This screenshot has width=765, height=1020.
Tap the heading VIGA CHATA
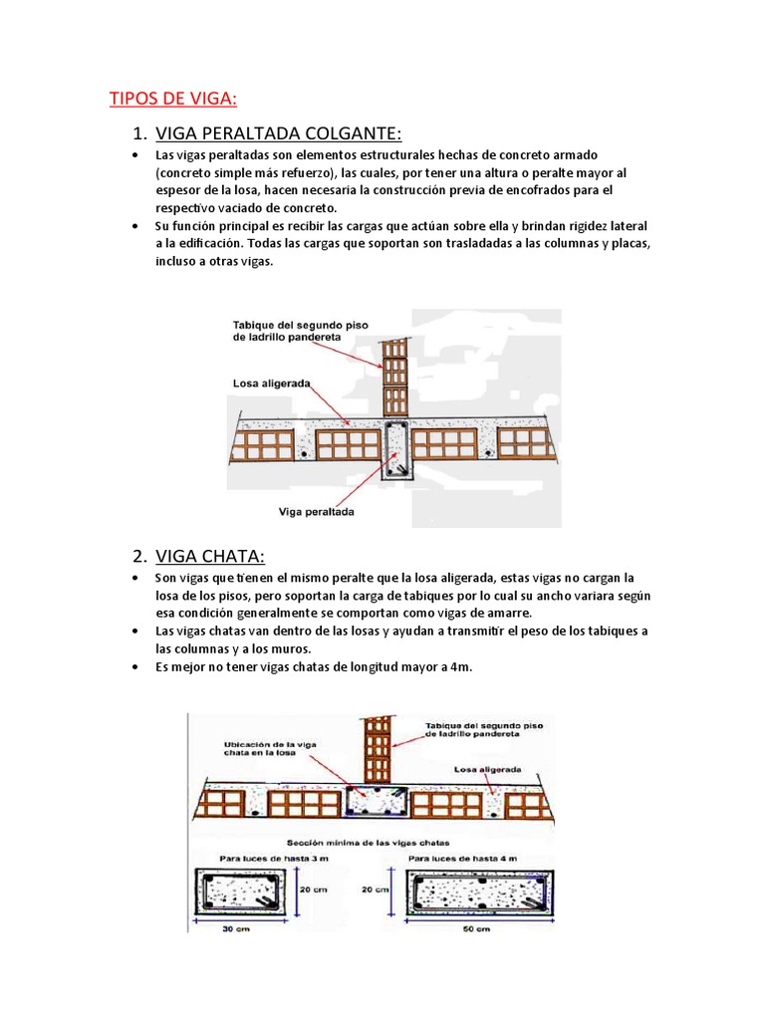[x=210, y=555]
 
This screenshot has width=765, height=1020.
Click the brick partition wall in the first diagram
[x=393, y=378]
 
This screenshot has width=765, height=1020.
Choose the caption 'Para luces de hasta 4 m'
[x=463, y=858]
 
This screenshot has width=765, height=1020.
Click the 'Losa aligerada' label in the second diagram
[x=486, y=769]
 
